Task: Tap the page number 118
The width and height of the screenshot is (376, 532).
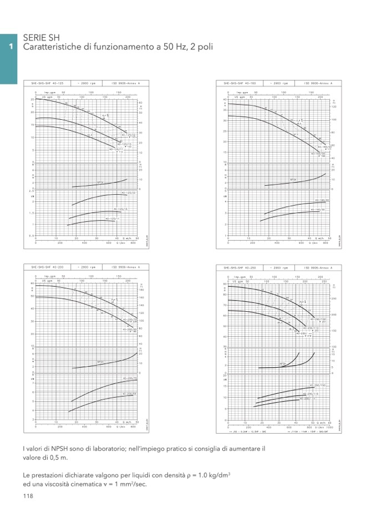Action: tap(28, 495)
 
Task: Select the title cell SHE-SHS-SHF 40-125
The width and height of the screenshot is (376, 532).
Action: tap(47, 83)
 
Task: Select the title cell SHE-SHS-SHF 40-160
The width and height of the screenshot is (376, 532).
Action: tap(240, 83)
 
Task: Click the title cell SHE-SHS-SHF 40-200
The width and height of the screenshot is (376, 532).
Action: tap(47, 267)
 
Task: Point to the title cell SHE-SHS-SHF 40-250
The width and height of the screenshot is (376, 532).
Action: tap(240, 267)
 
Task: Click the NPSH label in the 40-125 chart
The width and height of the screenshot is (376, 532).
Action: tap(100, 183)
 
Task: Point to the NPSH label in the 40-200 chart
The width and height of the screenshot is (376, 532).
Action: tap(100, 362)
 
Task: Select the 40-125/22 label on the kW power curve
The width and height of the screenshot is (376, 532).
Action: tap(128, 193)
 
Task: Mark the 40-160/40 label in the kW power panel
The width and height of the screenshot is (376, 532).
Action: tap(322, 200)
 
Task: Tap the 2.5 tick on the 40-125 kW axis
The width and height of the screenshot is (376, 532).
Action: tap(32, 191)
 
